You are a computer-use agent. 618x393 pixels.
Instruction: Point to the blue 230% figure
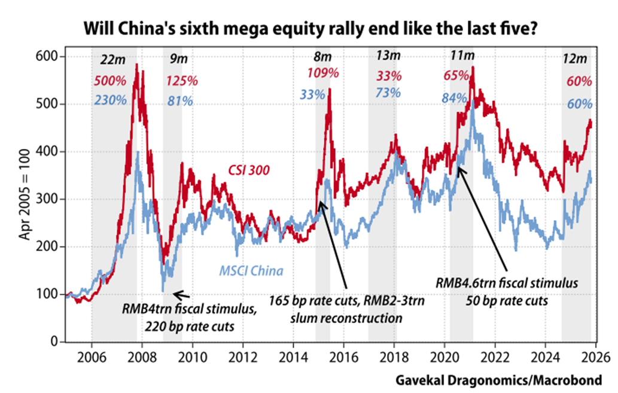111,100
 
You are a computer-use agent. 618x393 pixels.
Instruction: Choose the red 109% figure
323,74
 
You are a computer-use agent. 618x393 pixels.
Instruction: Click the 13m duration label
389,56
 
